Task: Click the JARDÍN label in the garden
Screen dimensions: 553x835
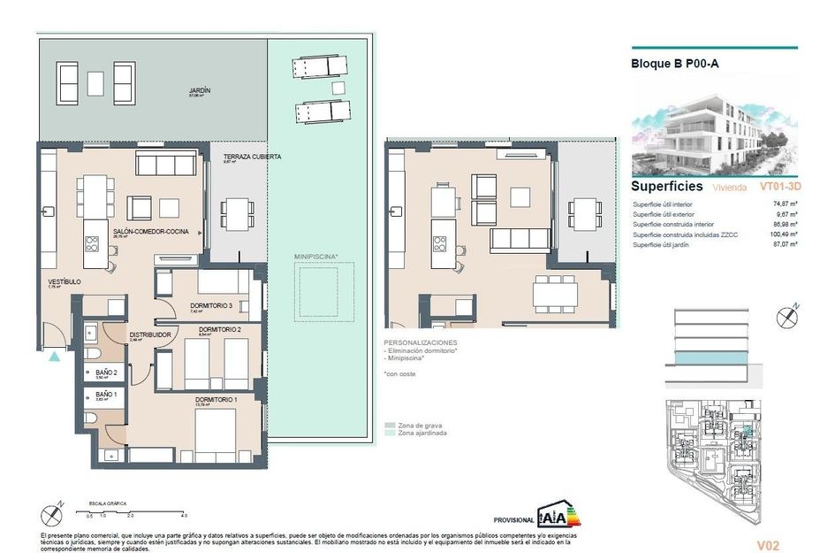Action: [200, 90]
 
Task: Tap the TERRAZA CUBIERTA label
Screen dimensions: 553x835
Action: [252, 157]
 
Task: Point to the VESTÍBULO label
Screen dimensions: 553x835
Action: [65, 281]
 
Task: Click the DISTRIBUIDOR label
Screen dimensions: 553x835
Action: [149, 334]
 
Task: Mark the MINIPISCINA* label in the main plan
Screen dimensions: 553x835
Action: [315, 256]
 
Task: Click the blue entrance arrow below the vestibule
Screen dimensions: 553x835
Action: [55, 357]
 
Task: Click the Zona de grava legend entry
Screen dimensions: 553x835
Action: [419, 425]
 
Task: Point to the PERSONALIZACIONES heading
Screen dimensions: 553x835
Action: [421, 342]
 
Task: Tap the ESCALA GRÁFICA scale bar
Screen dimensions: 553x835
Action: [133, 511]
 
